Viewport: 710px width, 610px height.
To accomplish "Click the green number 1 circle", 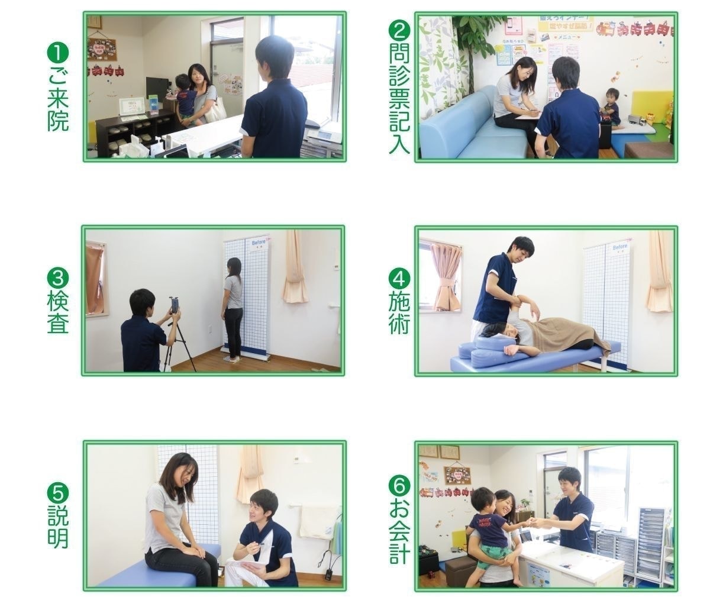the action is pos(58,54).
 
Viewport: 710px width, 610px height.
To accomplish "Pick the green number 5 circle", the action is pos(58,493).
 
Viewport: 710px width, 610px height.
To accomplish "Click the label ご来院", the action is pos(58,99).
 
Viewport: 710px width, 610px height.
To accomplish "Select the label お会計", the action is pos(399,534).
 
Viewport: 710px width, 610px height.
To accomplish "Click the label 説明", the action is pos(58,527).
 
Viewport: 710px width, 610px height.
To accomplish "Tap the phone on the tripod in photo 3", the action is pos(176,305).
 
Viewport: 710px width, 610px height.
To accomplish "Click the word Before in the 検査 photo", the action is pos(259,243).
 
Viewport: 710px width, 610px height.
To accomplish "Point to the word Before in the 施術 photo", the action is pos(620,246).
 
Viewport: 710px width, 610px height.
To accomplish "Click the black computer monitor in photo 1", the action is pos(157,89).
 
